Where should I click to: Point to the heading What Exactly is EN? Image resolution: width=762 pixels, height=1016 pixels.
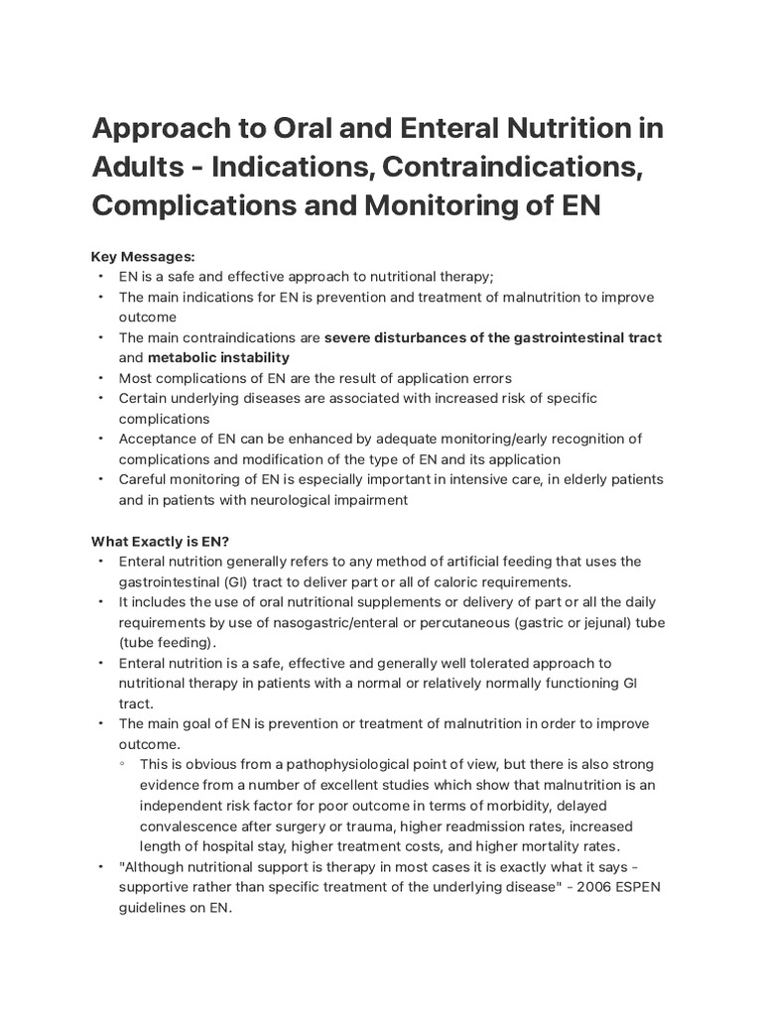coord(161,541)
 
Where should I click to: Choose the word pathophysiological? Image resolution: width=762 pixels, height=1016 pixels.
coord(341,765)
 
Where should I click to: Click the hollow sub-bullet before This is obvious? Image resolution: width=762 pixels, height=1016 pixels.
coord(122,765)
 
